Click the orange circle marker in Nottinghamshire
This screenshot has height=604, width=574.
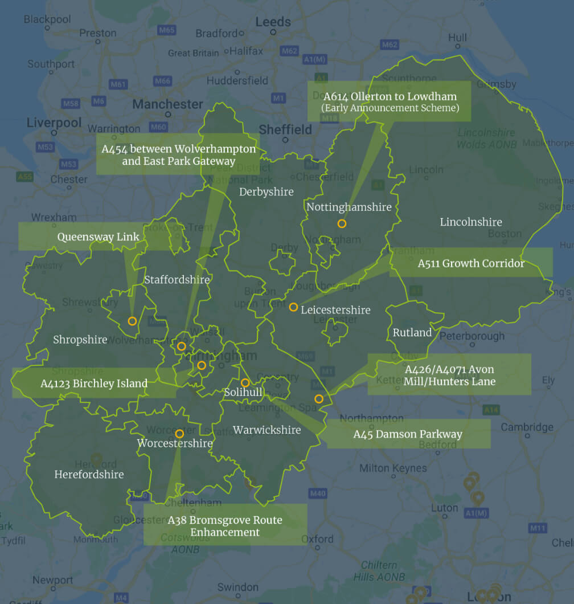click(x=342, y=223)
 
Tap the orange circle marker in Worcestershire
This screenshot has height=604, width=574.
click(x=179, y=434)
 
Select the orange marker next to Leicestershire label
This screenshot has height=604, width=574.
click(x=293, y=307)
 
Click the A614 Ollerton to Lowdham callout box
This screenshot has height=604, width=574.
click(x=389, y=101)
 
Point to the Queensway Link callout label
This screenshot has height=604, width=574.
click(x=98, y=236)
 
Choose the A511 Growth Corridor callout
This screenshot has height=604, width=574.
click(x=470, y=263)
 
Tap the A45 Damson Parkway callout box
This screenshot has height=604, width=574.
click(x=408, y=434)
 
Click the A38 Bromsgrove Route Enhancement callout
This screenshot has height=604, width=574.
click(x=225, y=525)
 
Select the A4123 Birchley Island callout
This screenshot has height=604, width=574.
click(x=94, y=383)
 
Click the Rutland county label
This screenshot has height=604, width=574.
click(x=412, y=332)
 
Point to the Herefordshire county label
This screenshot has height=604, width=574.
click(x=89, y=474)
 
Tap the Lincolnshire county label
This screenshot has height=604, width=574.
click(x=470, y=222)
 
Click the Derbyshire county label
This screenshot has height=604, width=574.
click(x=266, y=191)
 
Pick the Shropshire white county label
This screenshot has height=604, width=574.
click(x=80, y=340)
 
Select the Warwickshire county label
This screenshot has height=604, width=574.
click(x=266, y=430)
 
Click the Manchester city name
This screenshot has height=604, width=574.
click(x=167, y=104)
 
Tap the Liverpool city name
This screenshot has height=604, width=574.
click(x=54, y=123)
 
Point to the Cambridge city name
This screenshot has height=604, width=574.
click(x=527, y=427)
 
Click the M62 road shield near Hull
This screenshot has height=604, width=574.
click(x=390, y=44)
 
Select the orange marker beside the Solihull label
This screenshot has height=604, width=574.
click(x=245, y=383)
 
